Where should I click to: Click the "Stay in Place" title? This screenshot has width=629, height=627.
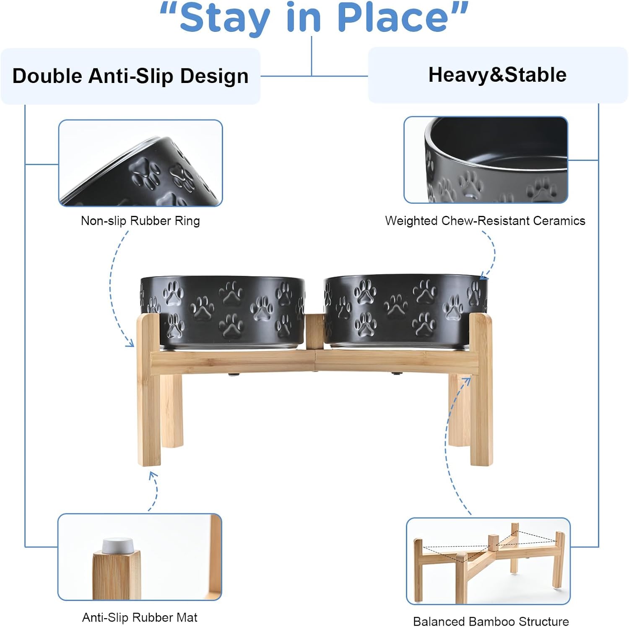click(x=314, y=18)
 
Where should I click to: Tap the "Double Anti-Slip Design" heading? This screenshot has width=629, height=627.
click(x=130, y=76)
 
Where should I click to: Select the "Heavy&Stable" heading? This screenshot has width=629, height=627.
click(x=497, y=75)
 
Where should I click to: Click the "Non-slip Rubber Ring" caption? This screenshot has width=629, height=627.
click(x=140, y=221)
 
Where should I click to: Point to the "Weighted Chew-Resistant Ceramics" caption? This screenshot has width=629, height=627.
click(x=485, y=221)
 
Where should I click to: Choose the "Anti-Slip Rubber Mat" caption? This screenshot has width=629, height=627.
click(x=140, y=617)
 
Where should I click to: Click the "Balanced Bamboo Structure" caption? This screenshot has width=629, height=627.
click(x=491, y=621)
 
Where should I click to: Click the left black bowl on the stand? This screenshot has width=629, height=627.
click(x=223, y=310)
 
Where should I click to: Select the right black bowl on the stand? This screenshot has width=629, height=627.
click(x=405, y=310)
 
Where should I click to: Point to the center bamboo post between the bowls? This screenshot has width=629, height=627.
click(x=314, y=331)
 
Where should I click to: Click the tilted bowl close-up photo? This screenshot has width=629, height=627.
click(x=140, y=163)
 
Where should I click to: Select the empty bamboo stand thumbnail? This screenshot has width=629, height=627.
click(x=488, y=560)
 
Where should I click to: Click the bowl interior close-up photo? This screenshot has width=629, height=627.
click(x=486, y=160)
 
